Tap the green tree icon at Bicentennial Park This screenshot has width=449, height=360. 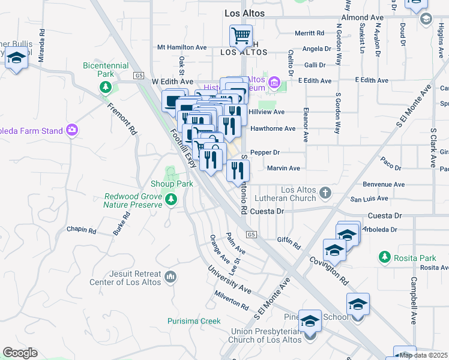(x=106, y=88)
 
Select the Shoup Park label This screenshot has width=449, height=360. (x=172, y=184)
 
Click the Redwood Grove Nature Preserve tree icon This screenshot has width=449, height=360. (x=172, y=199)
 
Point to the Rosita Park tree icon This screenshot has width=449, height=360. (x=385, y=257)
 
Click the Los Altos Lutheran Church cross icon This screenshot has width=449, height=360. (x=325, y=193)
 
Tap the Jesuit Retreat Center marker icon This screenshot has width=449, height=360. (x=171, y=277)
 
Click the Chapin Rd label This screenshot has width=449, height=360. (x=82, y=230)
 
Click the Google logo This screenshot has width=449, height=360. (x=20, y=353)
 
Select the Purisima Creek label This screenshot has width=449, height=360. (x=194, y=321)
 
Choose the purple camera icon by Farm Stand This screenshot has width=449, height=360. (x=72, y=130)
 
